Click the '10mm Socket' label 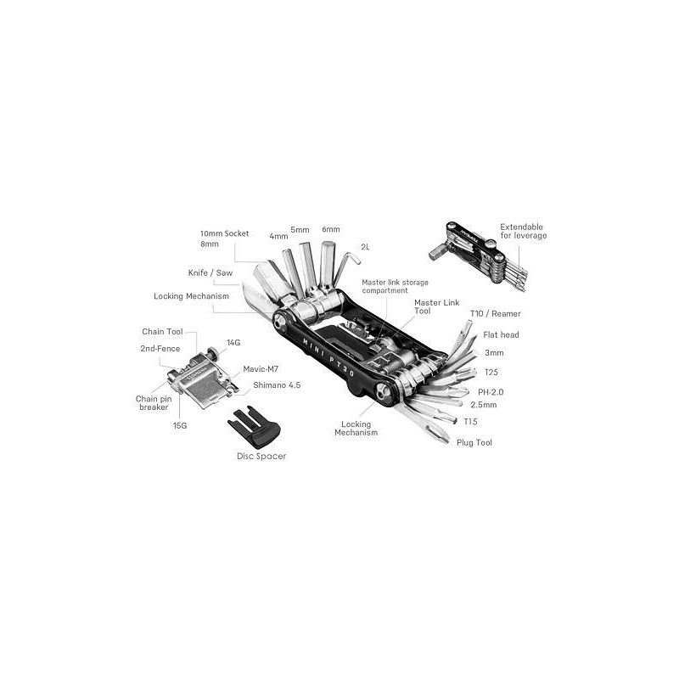[224, 233]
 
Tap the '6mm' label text [331, 229]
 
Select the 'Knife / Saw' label [210, 272]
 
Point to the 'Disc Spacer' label [261, 456]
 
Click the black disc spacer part [254, 427]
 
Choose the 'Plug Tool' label [474, 442]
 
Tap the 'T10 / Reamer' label [496, 313]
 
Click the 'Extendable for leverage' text [523, 231]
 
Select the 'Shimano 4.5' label [277, 385]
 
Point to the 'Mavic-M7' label [261, 369]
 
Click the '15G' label [180, 426]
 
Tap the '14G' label [233, 343]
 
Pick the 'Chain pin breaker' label [154, 402]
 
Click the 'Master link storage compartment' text [395, 286]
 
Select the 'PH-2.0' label [491, 392]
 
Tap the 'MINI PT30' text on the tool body [329, 357]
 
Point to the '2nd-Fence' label [160, 349]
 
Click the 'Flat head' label [501, 334]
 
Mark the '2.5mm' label [484, 405]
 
